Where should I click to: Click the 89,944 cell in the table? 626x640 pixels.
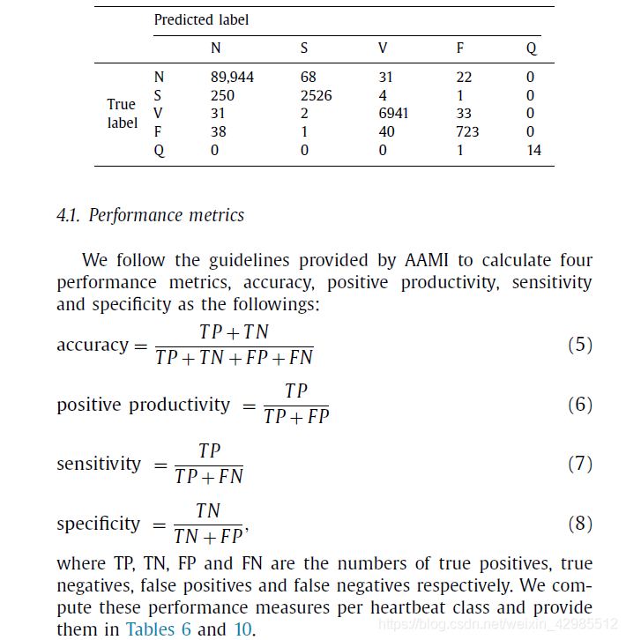coord(232,77)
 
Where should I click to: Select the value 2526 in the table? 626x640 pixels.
coord(317,95)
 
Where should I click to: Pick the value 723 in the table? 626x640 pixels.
coord(468,131)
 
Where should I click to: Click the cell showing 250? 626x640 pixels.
coord(224,95)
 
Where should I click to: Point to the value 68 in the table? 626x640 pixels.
coord(308,77)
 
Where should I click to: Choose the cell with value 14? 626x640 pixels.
coord(533,150)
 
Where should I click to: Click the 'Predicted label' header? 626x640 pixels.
coord(201,19)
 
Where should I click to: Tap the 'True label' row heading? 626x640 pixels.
coord(123,114)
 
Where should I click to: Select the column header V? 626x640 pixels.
coord(383,48)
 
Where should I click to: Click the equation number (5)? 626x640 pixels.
coord(579,345)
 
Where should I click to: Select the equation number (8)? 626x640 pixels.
coord(579,524)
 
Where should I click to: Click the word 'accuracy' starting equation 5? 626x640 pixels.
coord(92,346)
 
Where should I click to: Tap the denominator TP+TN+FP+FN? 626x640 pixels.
coord(234,357)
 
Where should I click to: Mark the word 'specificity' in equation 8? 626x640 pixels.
coord(98,524)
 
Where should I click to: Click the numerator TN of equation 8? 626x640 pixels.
coord(208,511)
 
